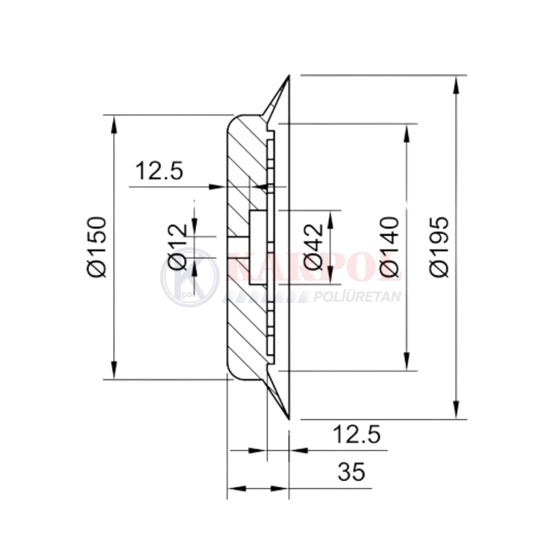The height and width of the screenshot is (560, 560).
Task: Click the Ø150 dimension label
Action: click(97, 247)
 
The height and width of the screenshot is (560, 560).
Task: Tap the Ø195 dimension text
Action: click(439, 247)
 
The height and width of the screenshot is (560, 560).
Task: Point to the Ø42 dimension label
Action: click(314, 247)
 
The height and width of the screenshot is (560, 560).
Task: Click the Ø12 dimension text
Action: click(178, 247)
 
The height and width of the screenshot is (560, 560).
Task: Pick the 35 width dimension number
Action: click(352, 472)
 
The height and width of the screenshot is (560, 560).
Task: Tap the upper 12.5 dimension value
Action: click(159, 170)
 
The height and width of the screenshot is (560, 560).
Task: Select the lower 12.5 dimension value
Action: click(356, 435)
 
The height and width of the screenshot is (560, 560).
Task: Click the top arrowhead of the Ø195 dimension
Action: click(456, 85)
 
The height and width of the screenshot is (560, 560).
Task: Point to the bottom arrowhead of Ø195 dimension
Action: click(456, 410)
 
